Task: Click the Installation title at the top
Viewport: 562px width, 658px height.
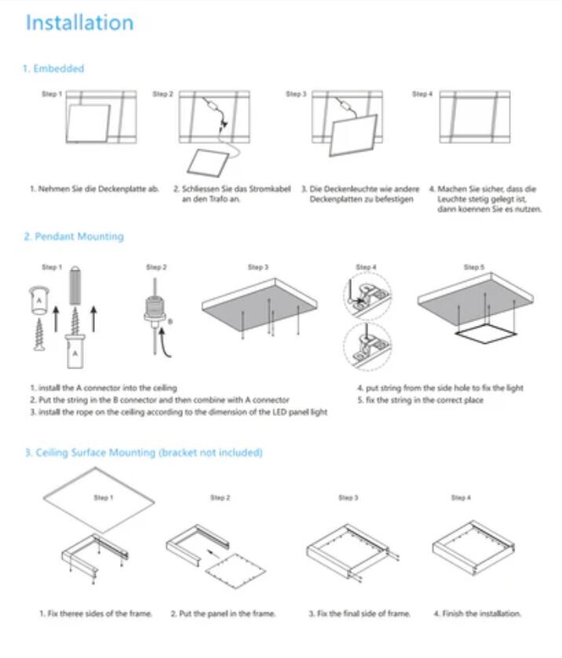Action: (80, 23)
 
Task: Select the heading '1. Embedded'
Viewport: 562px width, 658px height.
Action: (53, 68)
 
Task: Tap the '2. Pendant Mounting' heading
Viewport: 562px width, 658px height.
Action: (74, 236)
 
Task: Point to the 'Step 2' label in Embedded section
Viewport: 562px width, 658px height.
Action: (162, 94)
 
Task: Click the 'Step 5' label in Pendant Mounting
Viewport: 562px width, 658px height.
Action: (474, 267)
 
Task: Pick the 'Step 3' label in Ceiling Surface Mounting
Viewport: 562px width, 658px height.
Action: (348, 498)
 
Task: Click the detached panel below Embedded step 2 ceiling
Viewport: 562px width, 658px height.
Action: (209, 163)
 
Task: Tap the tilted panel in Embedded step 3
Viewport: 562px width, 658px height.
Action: (353, 135)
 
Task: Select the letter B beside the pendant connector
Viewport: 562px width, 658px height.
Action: (170, 322)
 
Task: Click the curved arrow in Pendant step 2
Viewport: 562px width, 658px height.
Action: (165, 343)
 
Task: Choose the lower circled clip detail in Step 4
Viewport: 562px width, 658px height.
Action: (367, 346)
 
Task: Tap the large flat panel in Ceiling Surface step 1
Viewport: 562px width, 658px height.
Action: (99, 499)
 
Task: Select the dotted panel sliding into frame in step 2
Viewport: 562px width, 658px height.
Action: (235, 571)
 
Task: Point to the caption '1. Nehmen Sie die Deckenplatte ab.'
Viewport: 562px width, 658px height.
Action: (94, 188)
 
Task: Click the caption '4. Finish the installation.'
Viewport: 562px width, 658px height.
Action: (477, 613)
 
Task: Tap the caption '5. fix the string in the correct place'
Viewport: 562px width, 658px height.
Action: (420, 400)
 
